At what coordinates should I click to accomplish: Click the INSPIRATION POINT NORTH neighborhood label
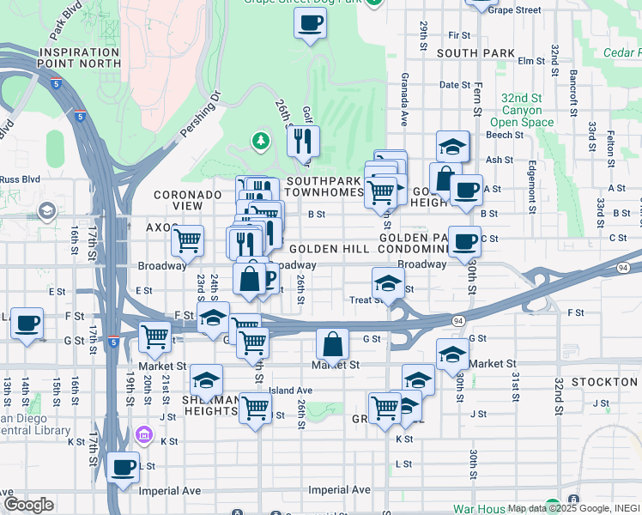(79, 58)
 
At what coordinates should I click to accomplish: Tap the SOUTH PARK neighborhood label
(475, 53)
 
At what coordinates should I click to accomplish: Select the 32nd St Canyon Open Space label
(522, 110)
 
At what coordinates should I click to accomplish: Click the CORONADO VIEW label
(188, 201)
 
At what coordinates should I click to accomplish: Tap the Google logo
(28, 504)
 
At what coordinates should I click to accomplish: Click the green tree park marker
(259, 140)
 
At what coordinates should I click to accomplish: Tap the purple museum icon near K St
(144, 437)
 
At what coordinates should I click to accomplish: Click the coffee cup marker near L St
(124, 468)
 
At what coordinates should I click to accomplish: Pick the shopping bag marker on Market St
(332, 345)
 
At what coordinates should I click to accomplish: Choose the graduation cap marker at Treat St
(388, 283)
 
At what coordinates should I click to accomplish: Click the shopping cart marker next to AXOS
(187, 240)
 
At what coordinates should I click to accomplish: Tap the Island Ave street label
(290, 390)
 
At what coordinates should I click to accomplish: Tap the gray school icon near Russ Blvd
(47, 210)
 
